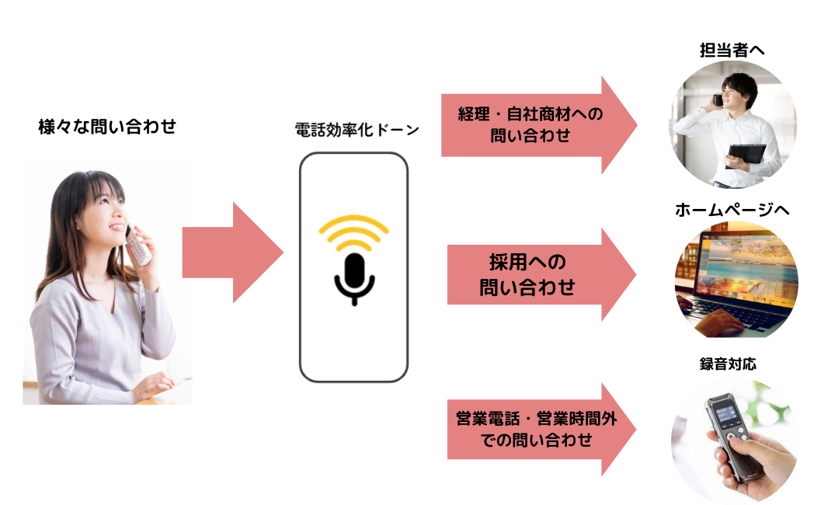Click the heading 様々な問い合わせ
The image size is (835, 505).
(x=107, y=127)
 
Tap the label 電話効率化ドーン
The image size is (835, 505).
(x=357, y=130)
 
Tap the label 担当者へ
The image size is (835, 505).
(x=732, y=50)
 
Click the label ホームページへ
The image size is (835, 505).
(x=732, y=210)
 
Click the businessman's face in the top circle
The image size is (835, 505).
(x=733, y=93)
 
